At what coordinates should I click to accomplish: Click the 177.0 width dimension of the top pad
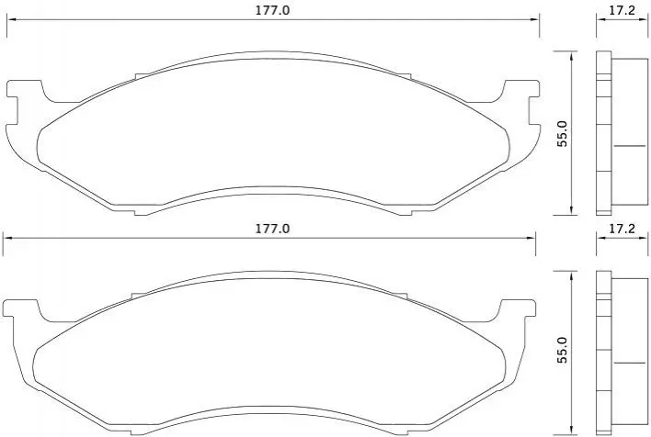pos(272,10)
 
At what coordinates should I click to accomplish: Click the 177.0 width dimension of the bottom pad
pos(272,229)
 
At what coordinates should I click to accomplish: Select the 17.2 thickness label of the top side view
pos(622,10)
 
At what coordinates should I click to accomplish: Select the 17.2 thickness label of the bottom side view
pos(622,229)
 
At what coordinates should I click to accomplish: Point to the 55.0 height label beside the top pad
pos(562,133)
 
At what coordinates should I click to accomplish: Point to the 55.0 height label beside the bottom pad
pos(562,351)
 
